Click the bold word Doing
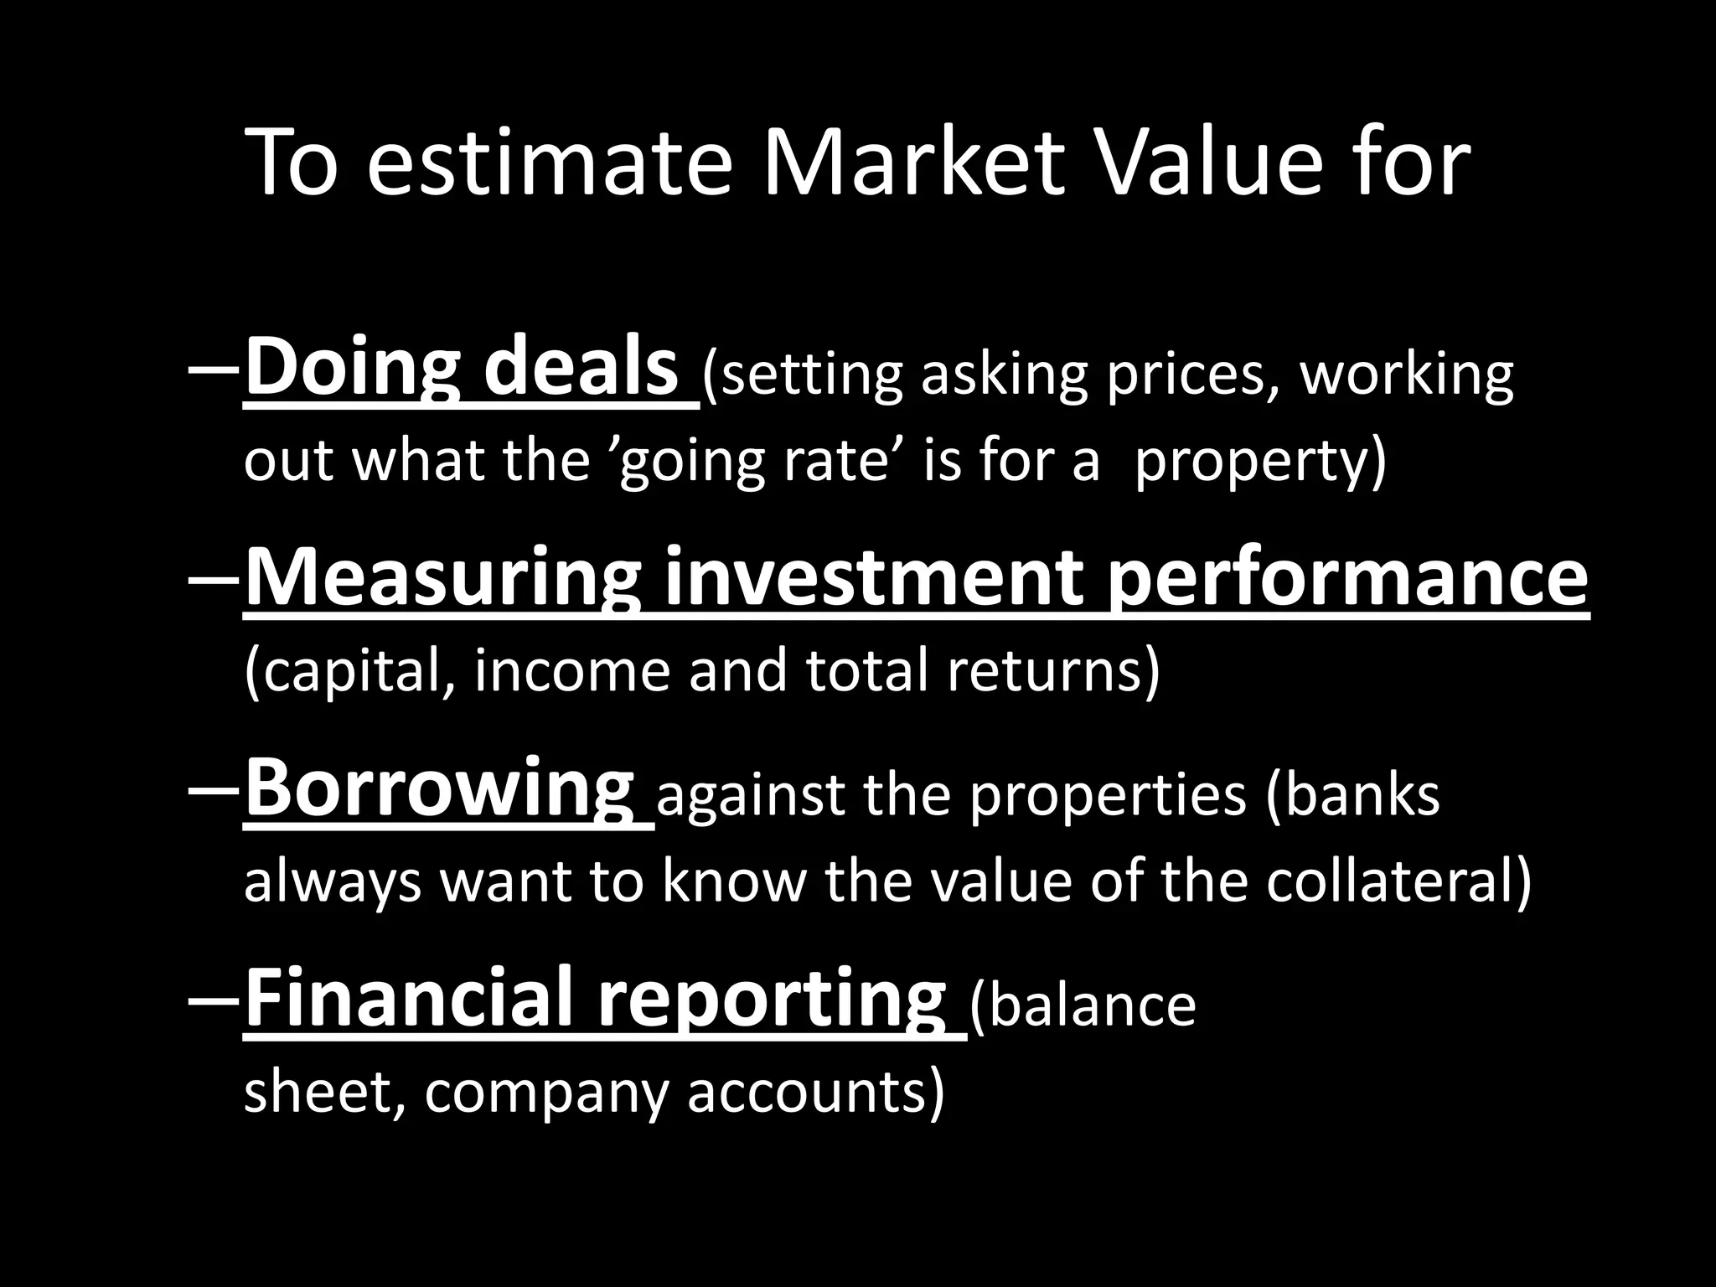tap(352, 369)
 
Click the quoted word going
tap(690, 462)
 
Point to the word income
tap(572, 670)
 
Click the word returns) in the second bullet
tap(1053, 670)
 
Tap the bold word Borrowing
tap(439, 790)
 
